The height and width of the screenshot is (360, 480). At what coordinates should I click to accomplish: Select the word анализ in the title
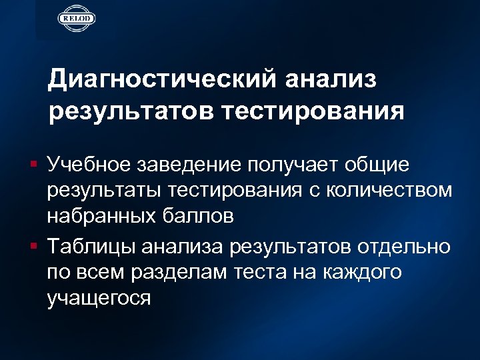[331, 79]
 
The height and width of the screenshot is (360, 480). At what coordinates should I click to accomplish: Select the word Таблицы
[90, 247]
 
